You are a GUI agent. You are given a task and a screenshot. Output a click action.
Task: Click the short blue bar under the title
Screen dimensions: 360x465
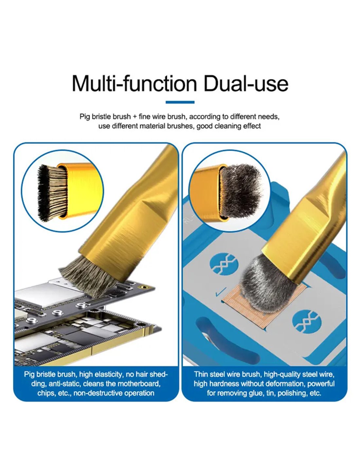180,102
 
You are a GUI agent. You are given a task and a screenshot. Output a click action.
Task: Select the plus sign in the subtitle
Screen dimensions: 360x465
135,117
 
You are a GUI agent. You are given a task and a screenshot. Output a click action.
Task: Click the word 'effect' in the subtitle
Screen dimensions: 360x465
252,126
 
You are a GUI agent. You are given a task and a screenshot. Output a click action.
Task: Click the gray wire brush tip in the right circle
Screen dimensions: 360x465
241,191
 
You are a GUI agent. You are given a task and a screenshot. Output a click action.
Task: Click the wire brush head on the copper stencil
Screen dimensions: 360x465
268,286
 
